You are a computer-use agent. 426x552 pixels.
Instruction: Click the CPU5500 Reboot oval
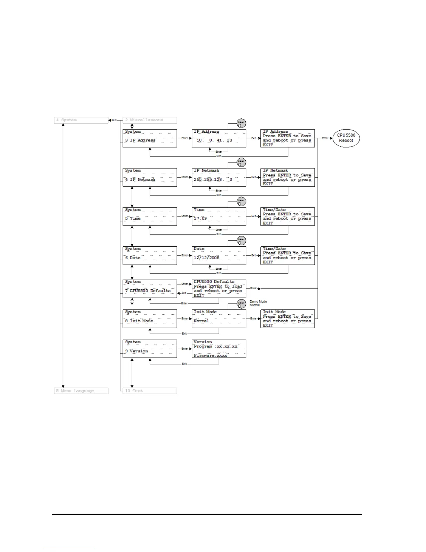click(x=346, y=138)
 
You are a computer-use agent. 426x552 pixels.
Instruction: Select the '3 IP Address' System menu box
click(x=150, y=138)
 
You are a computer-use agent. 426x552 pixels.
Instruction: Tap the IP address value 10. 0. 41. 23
click(x=214, y=140)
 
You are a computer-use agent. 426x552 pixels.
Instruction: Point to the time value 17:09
click(x=200, y=219)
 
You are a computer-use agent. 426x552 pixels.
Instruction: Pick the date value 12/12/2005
click(x=207, y=258)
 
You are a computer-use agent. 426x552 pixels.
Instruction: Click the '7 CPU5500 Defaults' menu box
click(x=150, y=289)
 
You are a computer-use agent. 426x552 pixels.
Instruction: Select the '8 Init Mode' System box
click(x=150, y=319)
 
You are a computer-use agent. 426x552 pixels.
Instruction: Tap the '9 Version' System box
click(x=150, y=349)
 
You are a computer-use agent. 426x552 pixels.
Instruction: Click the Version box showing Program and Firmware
click(x=219, y=349)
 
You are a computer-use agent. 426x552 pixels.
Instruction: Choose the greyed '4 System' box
click(x=81, y=120)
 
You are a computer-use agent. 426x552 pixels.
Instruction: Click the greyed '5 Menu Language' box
click(x=81, y=391)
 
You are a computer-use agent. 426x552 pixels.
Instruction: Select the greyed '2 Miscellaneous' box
click(x=150, y=120)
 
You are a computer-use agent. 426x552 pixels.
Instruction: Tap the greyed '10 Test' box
click(x=150, y=391)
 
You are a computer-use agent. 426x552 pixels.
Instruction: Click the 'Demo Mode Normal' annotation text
click(x=258, y=303)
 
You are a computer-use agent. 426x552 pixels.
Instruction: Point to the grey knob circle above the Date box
click(x=241, y=240)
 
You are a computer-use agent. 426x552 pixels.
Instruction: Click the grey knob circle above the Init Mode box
click(x=241, y=304)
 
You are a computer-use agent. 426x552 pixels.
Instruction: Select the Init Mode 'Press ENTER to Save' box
click(x=287, y=319)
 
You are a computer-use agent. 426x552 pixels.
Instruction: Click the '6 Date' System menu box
click(x=150, y=256)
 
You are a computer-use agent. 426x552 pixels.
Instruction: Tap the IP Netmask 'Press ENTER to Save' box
click(x=287, y=177)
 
